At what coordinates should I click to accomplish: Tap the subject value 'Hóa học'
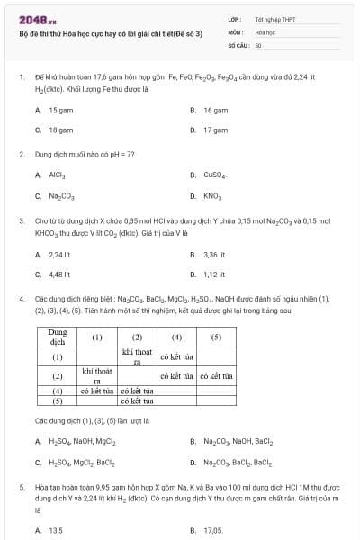click(x=265, y=31)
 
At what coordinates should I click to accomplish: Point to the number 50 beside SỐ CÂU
click(x=258, y=44)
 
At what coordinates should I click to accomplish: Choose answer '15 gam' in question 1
click(x=60, y=110)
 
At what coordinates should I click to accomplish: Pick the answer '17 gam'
click(x=215, y=130)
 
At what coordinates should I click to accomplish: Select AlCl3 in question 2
click(x=57, y=175)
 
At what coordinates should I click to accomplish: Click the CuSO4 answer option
click(x=214, y=175)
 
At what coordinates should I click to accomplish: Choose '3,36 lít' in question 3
click(x=214, y=254)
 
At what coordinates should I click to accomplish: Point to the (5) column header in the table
click(x=216, y=337)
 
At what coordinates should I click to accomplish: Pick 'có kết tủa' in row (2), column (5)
click(x=216, y=375)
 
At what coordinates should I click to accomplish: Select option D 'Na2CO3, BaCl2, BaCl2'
click(x=238, y=462)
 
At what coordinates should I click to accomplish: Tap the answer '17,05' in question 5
click(x=213, y=531)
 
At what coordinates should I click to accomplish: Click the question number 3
click(x=21, y=219)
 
